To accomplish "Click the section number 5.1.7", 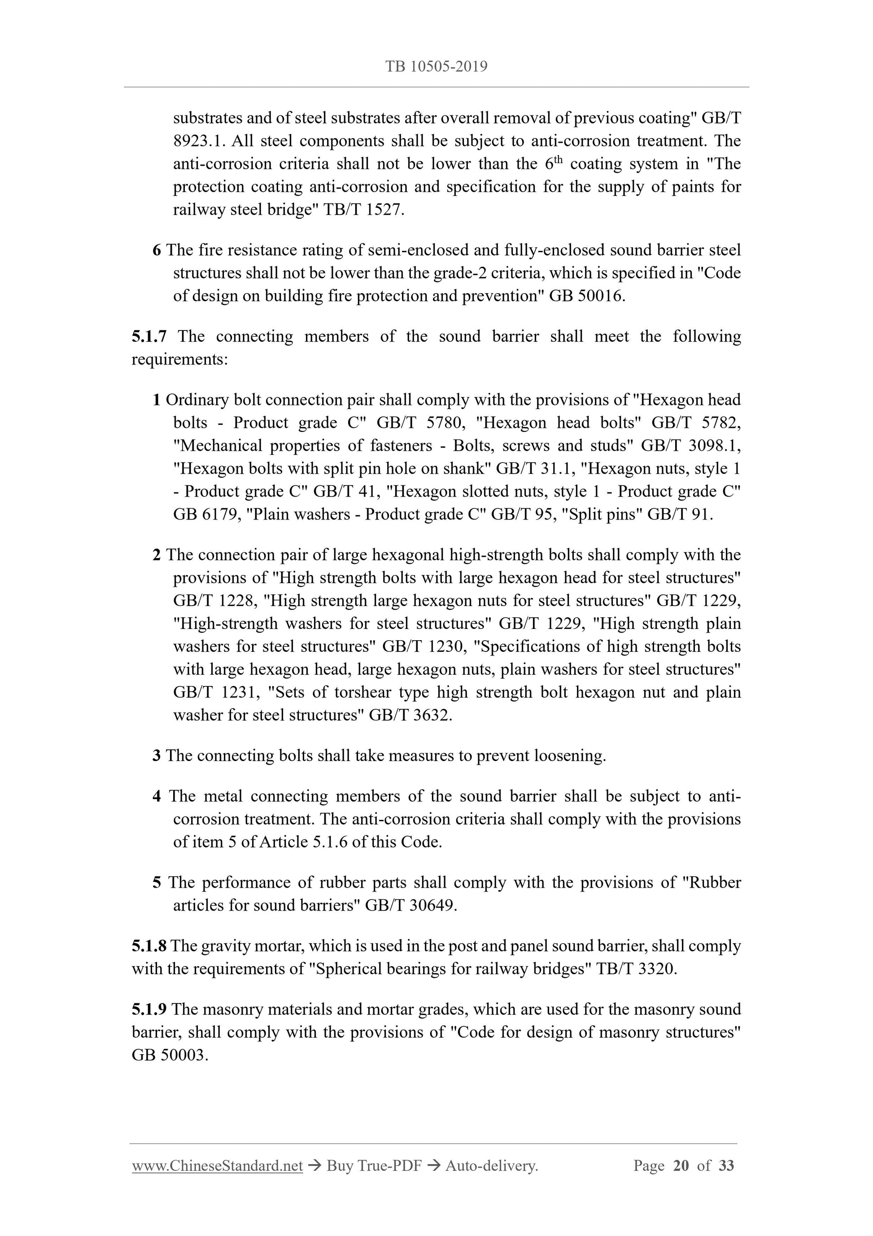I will [x=149, y=336].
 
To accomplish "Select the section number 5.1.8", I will [x=149, y=946].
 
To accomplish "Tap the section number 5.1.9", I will [x=149, y=1009].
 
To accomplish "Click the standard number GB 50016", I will [x=586, y=296].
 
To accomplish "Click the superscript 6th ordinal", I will [x=553, y=163].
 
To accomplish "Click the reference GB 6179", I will [x=205, y=515].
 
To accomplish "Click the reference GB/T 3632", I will [x=410, y=716].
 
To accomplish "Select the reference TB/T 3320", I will [x=636, y=969].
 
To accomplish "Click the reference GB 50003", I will [x=170, y=1055].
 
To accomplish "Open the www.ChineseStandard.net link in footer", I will [x=217, y=1166].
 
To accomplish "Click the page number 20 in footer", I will [x=681, y=1166].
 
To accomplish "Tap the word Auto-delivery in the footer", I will [x=492, y=1166].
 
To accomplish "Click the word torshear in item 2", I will [x=364, y=692].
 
